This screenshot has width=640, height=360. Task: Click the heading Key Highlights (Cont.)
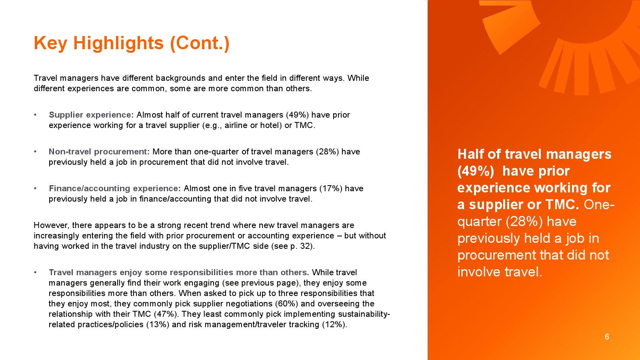click(132, 44)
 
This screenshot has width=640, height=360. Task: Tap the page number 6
click(607, 337)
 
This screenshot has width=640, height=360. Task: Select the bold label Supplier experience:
click(91, 115)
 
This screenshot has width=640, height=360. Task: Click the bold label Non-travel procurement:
click(99, 152)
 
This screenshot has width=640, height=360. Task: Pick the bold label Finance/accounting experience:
click(114, 188)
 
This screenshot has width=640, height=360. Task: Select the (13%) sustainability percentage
click(158, 324)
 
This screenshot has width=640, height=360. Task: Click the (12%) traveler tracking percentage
click(334, 324)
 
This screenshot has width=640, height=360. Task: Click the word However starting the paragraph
click(52, 226)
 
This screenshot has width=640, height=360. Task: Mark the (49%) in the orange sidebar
click(476, 171)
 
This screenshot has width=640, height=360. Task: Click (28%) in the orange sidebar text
click(524, 222)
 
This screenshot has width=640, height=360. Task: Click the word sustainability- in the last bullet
click(364, 314)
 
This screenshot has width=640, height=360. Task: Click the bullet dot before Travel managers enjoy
click(35, 272)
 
